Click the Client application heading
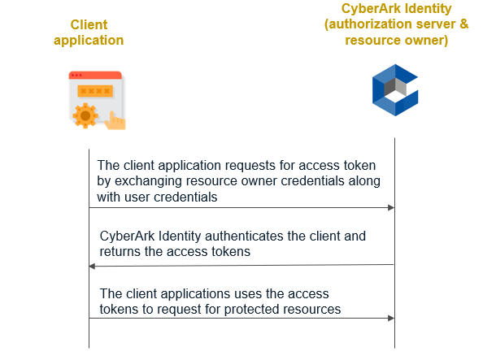(x=89, y=33)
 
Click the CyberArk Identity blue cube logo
(x=394, y=90)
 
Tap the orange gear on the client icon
(x=84, y=115)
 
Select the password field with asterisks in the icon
(x=96, y=91)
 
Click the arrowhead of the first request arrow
(x=390, y=208)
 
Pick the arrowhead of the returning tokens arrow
(x=93, y=266)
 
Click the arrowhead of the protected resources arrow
(x=390, y=319)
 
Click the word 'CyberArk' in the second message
(x=128, y=236)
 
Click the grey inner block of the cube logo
(x=391, y=85)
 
